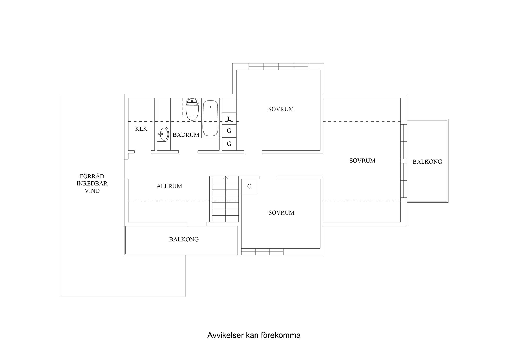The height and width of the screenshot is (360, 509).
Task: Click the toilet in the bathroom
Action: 192,110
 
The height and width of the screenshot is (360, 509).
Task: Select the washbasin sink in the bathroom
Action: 163,134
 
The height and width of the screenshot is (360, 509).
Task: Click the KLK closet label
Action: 141,129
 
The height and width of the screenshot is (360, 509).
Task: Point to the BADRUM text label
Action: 186,135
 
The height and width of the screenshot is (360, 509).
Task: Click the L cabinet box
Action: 229,119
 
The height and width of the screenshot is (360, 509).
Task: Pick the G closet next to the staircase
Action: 249,186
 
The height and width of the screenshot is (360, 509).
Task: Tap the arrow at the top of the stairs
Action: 225,178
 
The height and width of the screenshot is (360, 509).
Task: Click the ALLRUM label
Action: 169,186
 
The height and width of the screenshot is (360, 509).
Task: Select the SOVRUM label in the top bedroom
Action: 281,109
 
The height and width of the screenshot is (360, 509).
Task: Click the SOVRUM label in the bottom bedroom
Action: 281,213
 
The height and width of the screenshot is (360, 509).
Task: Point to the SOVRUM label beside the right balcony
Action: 362,161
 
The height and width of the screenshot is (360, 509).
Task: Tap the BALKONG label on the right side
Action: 427,162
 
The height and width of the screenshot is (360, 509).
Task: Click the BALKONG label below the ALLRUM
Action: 184,240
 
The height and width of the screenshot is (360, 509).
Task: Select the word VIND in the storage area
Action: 92,191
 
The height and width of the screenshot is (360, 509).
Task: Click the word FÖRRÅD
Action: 92,176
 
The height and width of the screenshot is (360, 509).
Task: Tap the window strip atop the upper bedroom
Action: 278,67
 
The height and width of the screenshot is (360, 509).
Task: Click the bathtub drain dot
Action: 210,107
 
